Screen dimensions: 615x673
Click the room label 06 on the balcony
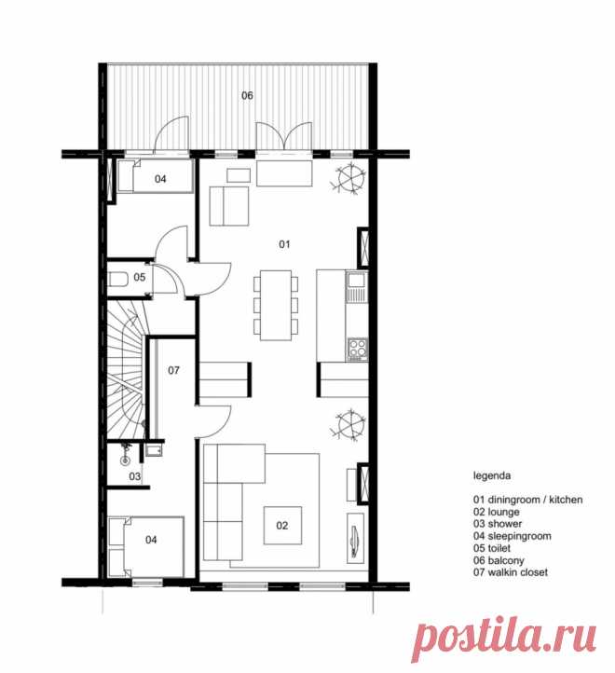[x=247, y=95]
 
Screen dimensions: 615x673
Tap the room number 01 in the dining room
[x=284, y=244]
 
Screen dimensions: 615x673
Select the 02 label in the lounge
[x=282, y=526]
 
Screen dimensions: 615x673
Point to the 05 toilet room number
[x=140, y=277]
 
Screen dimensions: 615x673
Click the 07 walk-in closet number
[x=173, y=370]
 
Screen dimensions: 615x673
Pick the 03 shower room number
[x=135, y=476]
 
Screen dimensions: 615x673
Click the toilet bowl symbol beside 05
[x=118, y=280]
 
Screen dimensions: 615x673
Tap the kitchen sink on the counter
[x=357, y=286]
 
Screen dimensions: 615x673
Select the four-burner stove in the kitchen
[x=358, y=349]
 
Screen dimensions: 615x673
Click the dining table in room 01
[x=276, y=305]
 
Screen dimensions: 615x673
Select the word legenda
[x=492, y=475]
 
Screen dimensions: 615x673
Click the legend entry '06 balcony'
[x=499, y=560]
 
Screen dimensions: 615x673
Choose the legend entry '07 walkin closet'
[x=511, y=572]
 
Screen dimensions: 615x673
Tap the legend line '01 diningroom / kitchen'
[x=528, y=500]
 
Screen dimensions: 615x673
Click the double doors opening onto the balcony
[x=283, y=136]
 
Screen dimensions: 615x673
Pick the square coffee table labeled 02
[x=282, y=526]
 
